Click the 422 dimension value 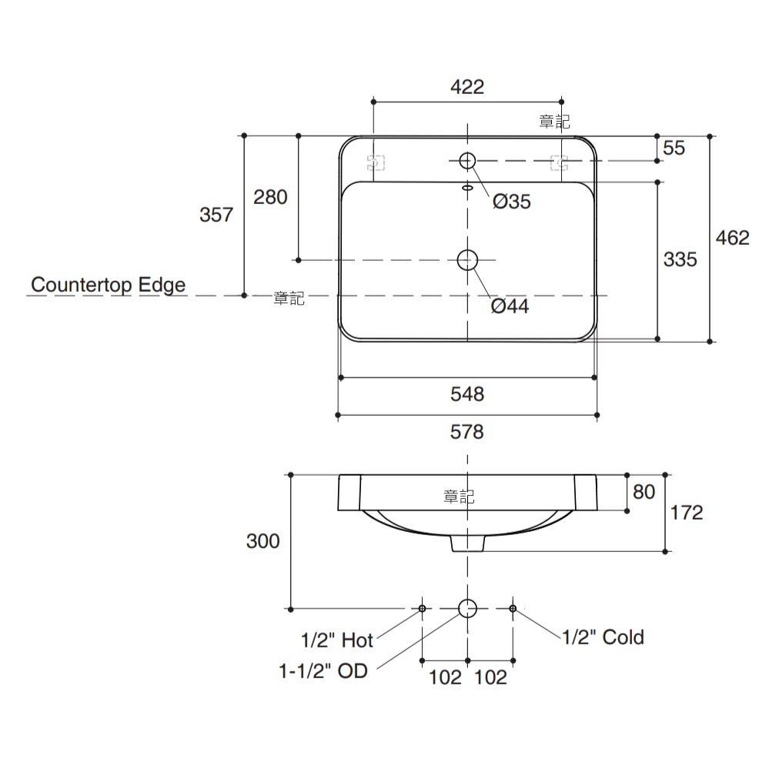coord(466,87)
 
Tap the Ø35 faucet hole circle coord(467,161)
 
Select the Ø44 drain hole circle coord(467,260)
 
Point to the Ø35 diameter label coord(512,202)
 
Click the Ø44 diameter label coord(510,306)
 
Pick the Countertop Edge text coord(109,285)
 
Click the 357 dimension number coord(216,215)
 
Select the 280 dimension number coord(270,197)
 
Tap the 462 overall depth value coord(732,238)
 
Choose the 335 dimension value coord(680,259)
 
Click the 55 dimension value coord(674,148)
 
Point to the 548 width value coord(467,394)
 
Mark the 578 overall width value coord(467,433)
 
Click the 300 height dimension coord(263,541)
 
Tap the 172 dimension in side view coord(687,513)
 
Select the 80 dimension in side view coord(644,491)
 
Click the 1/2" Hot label coord(337,640)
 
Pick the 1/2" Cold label coord(603,637)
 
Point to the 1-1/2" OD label coord(323,671)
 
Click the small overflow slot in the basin coord(467,187)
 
